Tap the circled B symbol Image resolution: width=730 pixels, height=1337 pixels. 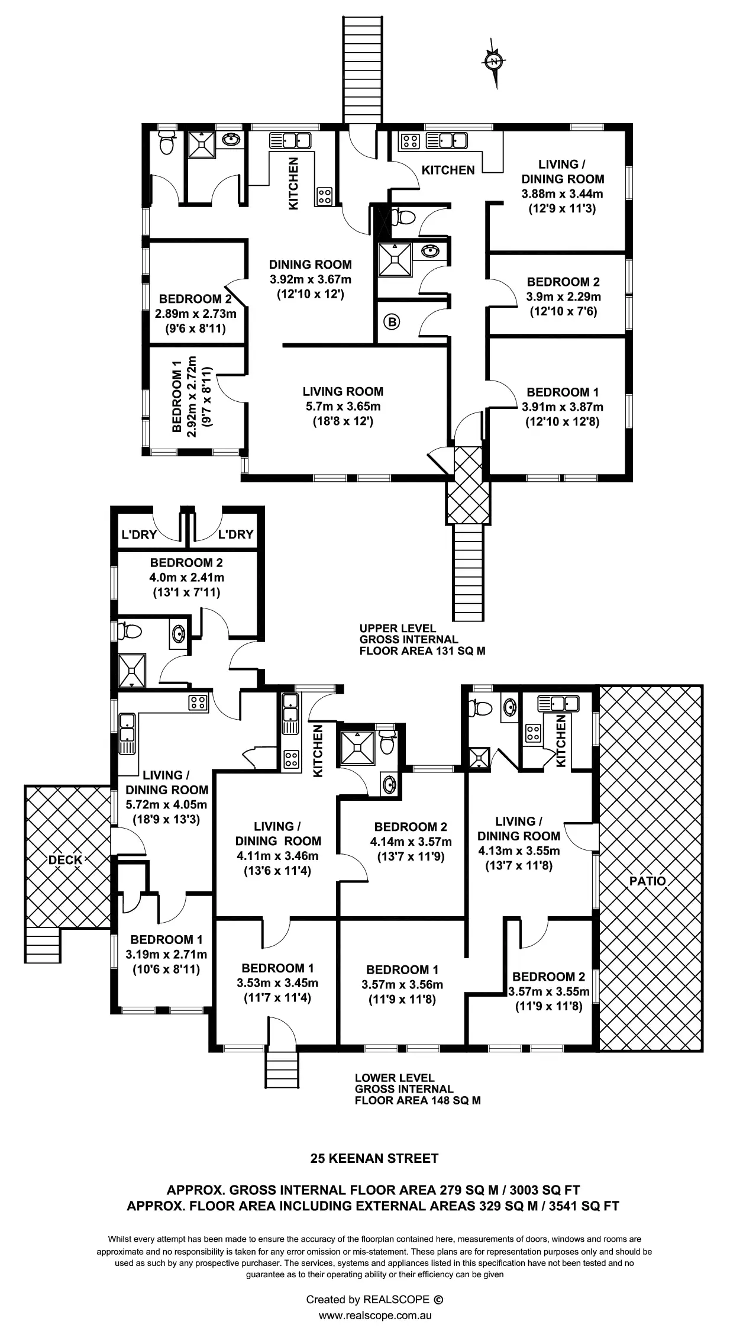[392, 323]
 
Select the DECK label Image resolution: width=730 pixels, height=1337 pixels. [65, 860]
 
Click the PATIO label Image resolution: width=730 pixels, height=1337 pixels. [647, 881]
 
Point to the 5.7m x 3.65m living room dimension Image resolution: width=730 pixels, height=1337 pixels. [343, 407]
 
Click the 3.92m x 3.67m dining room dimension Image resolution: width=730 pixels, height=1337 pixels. [310, 279]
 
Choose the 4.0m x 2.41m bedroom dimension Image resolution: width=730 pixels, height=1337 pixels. [186, 577]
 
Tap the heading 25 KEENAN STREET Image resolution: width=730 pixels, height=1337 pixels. [374, 1159]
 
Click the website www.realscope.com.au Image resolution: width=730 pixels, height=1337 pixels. [374, 1315]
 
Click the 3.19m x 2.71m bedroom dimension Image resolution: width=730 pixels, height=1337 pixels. [166, 954]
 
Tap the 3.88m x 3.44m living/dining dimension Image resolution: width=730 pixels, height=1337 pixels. [562, 194]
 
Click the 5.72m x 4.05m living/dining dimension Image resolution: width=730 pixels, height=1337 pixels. [166, 804]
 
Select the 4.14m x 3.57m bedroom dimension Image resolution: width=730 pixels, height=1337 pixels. [411, 842]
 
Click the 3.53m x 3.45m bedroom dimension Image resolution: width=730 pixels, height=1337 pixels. [277, 983]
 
